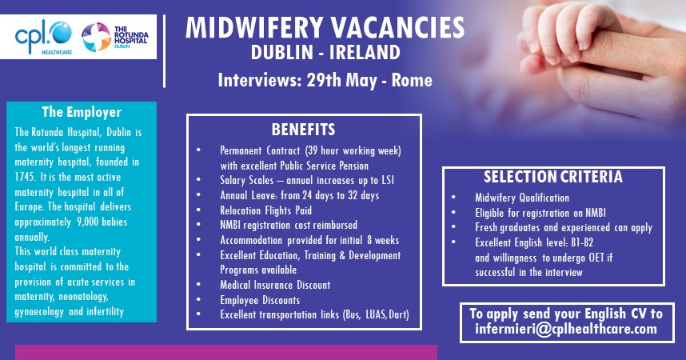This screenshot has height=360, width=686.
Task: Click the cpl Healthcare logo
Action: coord(43,38)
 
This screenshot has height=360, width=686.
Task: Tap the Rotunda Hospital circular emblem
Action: coord(96,37)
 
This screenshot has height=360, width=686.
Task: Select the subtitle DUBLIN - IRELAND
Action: coord(325,53)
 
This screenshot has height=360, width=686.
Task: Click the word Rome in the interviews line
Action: coord(412,80)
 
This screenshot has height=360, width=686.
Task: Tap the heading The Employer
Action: coord(82,112)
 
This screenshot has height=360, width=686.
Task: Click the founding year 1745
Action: coord(26,177)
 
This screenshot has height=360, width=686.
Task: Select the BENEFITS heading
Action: coord(303,130)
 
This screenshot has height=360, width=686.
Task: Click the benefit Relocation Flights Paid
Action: coord(265,210)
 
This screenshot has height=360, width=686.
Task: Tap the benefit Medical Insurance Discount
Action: coord(275,285)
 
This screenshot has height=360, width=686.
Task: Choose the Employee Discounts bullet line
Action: coord(260,300)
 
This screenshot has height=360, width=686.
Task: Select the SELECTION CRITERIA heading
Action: coord(553,177)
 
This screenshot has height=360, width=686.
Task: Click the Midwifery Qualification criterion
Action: coord(522,198)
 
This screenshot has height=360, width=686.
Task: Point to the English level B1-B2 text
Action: coord(582,242)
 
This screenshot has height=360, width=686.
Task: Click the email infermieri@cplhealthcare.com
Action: coord(566,329)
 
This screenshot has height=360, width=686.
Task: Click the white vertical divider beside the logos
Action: coord(164,51)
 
